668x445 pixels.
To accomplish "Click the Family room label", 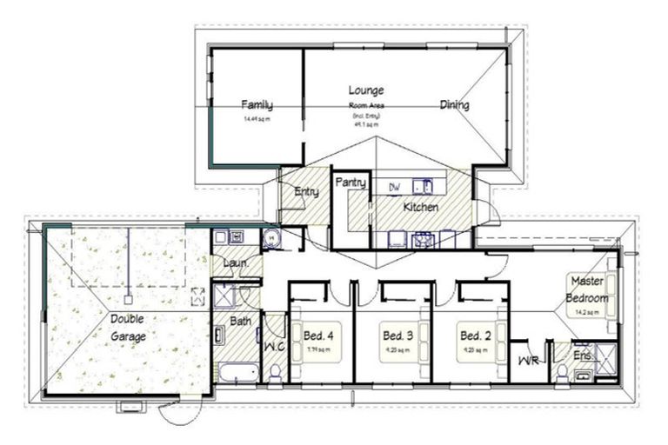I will [257, 105].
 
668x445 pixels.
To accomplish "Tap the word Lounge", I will [366, 90].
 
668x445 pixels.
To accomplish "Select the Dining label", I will [454, 105].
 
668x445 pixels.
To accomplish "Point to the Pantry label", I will [350, 183].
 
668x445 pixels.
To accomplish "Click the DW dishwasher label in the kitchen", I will [394, 187].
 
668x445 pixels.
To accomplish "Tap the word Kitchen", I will [419, 208].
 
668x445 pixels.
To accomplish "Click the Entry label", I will [306, 192].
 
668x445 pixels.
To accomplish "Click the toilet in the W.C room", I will [275, 371].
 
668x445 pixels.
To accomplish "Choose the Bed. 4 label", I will [317, 335].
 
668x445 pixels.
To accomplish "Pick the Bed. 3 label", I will [395, 335].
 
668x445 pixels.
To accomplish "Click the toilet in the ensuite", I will [562, 373].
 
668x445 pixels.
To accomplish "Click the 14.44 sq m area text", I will [257, 119].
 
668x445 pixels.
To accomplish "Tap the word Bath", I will [241, 322].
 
